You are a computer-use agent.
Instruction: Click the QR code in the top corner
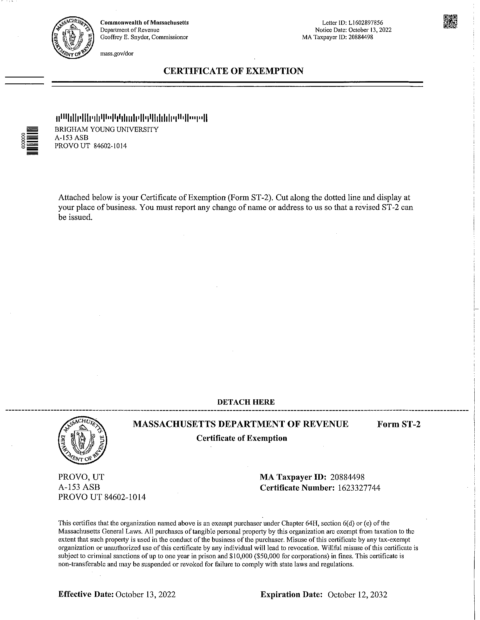450,22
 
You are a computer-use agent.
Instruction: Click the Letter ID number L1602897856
366,23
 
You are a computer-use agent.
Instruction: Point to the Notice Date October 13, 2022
370,30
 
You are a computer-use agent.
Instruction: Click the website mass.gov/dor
117,53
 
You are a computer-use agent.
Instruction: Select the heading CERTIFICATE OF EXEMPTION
233,71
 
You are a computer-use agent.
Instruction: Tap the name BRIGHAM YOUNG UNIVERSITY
106,129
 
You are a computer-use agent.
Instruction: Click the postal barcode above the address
131,118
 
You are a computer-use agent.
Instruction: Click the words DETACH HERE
246,402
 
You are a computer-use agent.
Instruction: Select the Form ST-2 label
399,424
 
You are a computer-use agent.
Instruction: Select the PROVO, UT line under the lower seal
81,477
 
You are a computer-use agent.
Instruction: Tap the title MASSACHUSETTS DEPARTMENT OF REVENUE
241,424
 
